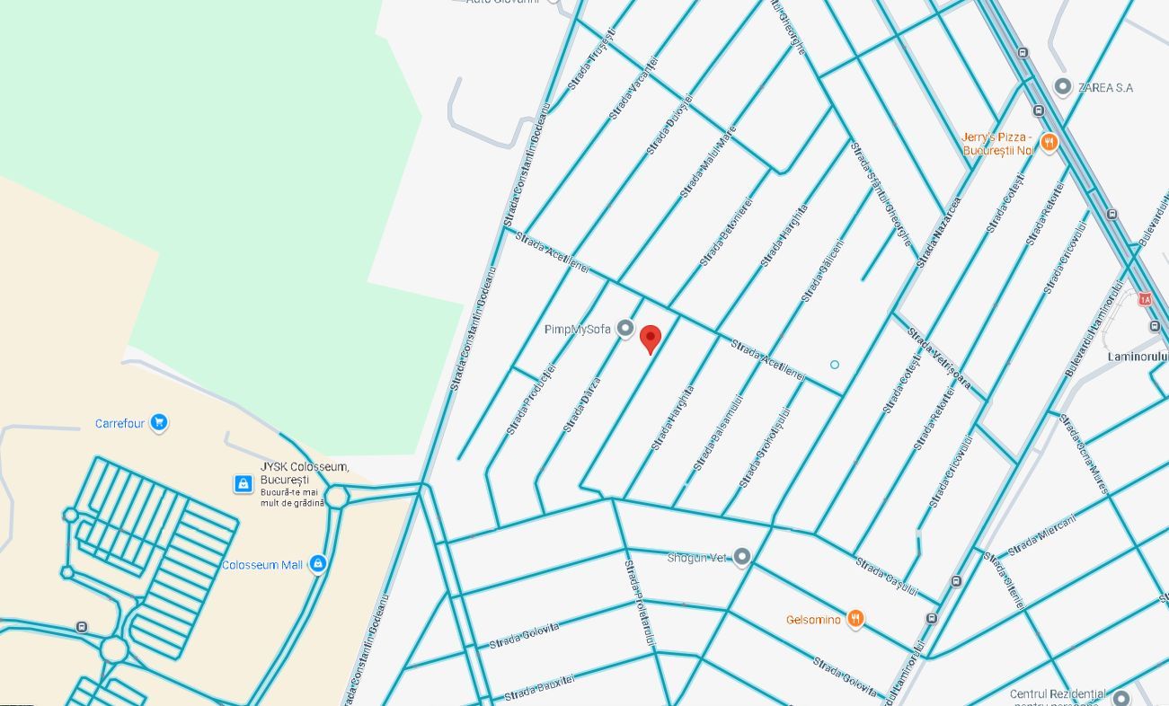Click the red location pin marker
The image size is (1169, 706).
(x=651, y=340)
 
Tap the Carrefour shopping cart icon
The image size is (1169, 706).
(x=159, y=422)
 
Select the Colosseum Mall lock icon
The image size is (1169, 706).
(x=316, y=564)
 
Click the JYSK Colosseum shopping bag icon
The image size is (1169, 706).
(x=243, y=484)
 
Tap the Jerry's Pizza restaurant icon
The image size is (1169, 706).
(x=1049, y=142)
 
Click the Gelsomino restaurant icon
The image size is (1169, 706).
(x=855, y=619)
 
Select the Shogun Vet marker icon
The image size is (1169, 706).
(x=741, y=558)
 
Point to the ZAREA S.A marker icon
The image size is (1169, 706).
(x=1063, y=87)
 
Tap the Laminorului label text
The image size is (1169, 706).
(x=1138, y=357)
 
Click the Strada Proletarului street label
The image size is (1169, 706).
(x=640, y=602)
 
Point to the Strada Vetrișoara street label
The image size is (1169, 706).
(x=938, y=358)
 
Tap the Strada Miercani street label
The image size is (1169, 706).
(x=1041, y=535)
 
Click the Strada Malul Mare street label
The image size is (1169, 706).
(x=708, y=161)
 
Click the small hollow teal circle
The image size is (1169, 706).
(x=835, y=365)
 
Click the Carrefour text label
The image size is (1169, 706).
(x=120, y=423)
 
